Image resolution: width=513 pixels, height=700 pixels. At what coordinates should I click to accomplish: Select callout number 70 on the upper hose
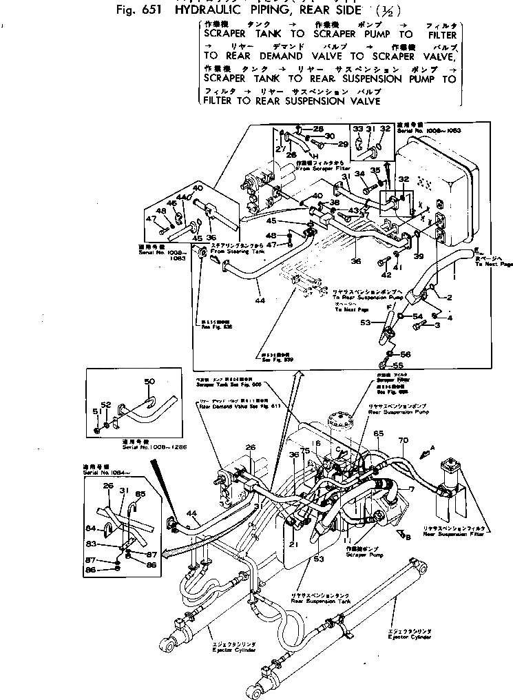[404, 440]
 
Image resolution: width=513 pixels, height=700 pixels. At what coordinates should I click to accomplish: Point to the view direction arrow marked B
[401, 532]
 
